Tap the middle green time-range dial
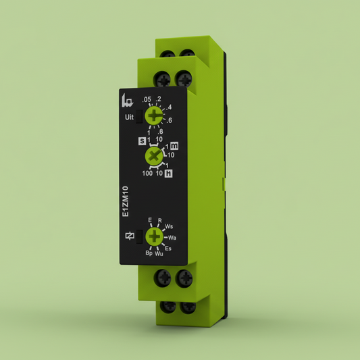155,157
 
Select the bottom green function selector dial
155,236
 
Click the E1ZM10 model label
126,201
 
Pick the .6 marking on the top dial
170,120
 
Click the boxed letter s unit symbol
142,141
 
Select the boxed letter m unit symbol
174,145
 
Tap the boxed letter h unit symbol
168,174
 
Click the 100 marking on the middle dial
147,174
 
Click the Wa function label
172,238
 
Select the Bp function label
149,254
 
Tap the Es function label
168,249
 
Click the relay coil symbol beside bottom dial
130,236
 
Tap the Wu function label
159,254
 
